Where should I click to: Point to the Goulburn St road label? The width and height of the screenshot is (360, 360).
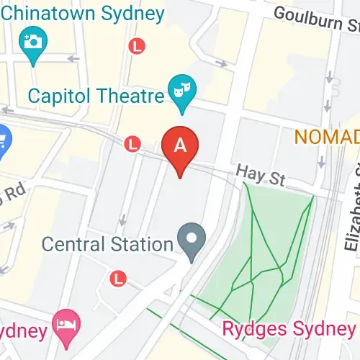coord(317,17)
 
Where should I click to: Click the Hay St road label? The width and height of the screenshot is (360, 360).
coord(253,173)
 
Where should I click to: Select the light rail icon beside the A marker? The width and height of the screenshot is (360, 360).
coord(131,144)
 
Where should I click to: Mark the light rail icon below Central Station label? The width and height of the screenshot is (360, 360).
coord(116,277)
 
